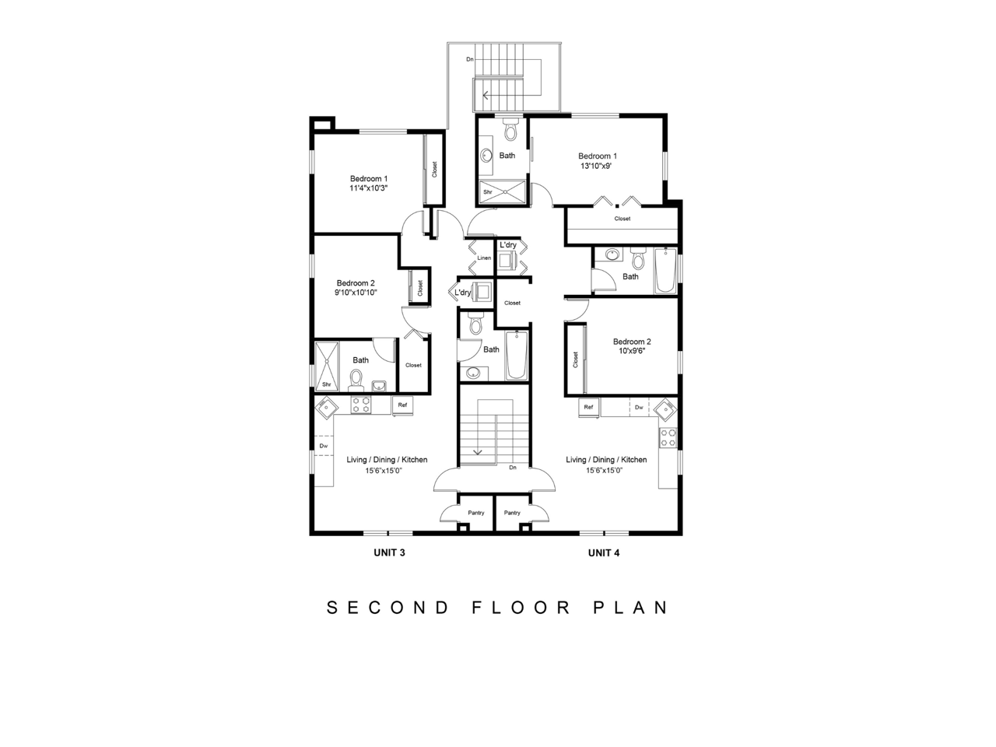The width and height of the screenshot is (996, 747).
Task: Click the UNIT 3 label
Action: click(x=389, y=552)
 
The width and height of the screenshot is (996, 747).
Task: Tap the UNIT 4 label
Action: click(x=604, y=552)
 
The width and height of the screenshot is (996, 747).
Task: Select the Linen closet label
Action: click(x=484, y=258)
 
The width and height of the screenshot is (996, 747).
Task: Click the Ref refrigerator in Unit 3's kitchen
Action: click(x=402, y=405)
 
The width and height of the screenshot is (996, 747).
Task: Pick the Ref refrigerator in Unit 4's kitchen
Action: click(x=588, y=407)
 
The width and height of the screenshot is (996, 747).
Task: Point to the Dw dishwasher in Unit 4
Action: click(x=639, y=407)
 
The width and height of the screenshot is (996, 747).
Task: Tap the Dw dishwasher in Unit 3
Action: click(x=324, y=445)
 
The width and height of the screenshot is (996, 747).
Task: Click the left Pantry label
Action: click(x=476, y=513)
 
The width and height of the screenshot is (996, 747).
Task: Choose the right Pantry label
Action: click(x=512, y=513)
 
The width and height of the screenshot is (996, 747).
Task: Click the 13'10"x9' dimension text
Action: click(x=596, y=166)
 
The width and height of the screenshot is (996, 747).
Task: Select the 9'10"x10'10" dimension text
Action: click(x=356, y=293)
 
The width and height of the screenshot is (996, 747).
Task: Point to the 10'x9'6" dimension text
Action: click(x=632, y=351)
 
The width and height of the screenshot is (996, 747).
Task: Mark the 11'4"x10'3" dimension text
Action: click(x=369, y=188)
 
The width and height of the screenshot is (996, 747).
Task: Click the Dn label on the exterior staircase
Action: click(x=470, y=59)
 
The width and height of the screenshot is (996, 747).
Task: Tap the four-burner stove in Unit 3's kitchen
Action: click(x=361, y=405)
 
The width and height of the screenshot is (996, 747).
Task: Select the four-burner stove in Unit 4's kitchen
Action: click(x=668, y=437)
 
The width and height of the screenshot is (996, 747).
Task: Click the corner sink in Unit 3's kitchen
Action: click(x=326, y=408)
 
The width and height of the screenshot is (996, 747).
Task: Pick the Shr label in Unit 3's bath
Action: click(x=326, y=384)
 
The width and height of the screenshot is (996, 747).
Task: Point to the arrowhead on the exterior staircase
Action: click(x=485, y=95)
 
